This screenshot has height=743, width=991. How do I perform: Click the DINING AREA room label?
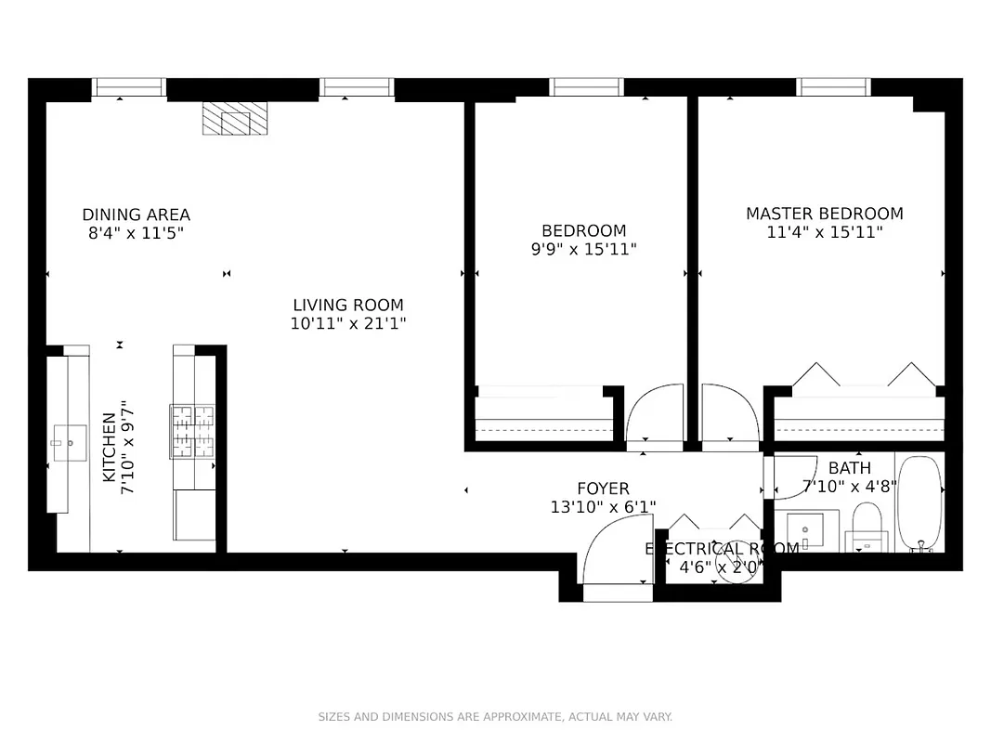click(136, 215)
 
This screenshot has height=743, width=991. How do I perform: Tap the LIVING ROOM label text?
click(348, 305)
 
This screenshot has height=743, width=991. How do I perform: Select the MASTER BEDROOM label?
click(824, 214)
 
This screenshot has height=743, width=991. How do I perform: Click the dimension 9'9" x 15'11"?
click(583, 249)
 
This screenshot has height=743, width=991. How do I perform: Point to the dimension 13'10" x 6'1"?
click(603, 506)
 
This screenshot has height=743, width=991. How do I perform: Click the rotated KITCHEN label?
click(110, 448)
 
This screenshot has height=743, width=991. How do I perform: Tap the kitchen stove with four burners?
click(191, 431)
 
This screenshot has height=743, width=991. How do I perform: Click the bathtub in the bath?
click(920, 503)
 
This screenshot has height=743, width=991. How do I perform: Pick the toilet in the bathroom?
click(867, 526)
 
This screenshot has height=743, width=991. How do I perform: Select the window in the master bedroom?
click(833, 87)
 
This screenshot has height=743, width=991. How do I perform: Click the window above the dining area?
click(129, 87)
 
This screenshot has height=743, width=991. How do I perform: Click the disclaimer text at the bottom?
click(495, 716)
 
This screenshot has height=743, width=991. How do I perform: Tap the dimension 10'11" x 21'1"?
click(348, 323)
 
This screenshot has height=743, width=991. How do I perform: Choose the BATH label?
click(849, 468)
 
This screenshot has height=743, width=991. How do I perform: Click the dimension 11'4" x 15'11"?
click(824, 232)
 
